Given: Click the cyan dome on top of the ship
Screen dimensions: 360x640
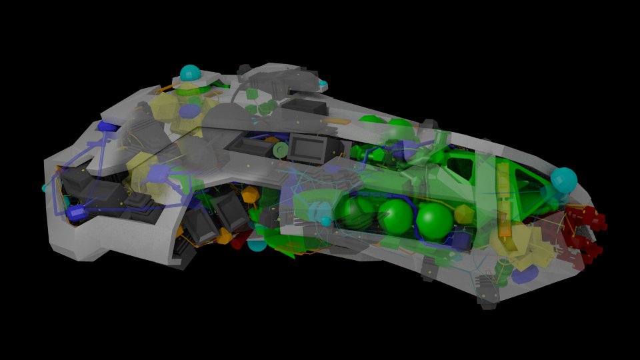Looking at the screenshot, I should tap(190, 73).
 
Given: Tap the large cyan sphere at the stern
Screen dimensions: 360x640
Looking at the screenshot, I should tap(563, 180).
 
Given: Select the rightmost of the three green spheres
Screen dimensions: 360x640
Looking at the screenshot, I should tap(435, 221).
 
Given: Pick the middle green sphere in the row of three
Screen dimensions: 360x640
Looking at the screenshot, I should tap(395, 216).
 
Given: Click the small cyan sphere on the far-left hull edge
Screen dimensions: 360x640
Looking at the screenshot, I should tap(46, 188).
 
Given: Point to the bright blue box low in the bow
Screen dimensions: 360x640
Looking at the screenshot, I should tap(76, 213).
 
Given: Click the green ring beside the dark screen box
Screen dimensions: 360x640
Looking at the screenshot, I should tap(281, 150).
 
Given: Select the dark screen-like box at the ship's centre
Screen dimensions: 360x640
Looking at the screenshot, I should tap(306, 147).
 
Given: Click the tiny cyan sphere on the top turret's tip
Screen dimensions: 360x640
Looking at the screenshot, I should tap(323, 84).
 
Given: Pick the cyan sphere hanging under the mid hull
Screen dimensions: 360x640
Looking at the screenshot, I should tap(257, 244).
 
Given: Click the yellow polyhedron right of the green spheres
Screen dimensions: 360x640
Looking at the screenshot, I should tap(464, 215).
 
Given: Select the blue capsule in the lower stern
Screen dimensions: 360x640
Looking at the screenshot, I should tap(525, 274).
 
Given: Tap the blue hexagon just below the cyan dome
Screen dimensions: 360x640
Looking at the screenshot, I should tap(190, 111).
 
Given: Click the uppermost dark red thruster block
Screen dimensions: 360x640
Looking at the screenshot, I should tap(589, 217).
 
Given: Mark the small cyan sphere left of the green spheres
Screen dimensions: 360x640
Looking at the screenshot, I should tap(326, 221).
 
